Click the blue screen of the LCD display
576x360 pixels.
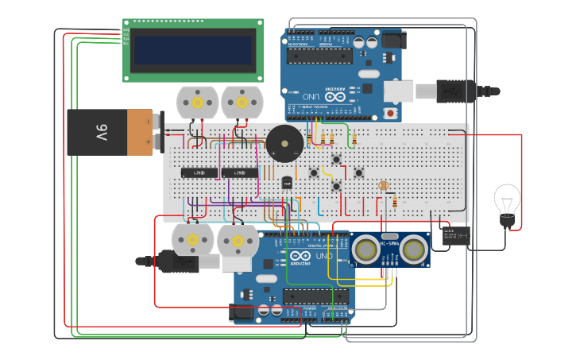(x=194, y=51)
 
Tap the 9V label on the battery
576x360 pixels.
(x=102, y=132)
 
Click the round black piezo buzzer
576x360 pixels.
(x=284, y=144)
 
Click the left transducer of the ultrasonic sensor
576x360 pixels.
(x=366, y=250)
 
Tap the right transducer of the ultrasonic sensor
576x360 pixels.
(x=412, y=250)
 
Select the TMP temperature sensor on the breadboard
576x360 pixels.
(x=288, y=183)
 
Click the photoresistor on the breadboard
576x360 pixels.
(x=384, y=186)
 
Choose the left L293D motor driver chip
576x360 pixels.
(x=195, y=172)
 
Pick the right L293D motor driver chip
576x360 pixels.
(x=240, y=172)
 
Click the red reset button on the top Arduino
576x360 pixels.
(x=390, y=114)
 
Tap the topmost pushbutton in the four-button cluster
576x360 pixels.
(x=336, y=160)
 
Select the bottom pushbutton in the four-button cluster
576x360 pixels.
(x=336, y=186)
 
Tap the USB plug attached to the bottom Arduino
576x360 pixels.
(x=179, y=261)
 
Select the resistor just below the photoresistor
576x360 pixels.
(x=395, y=202)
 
